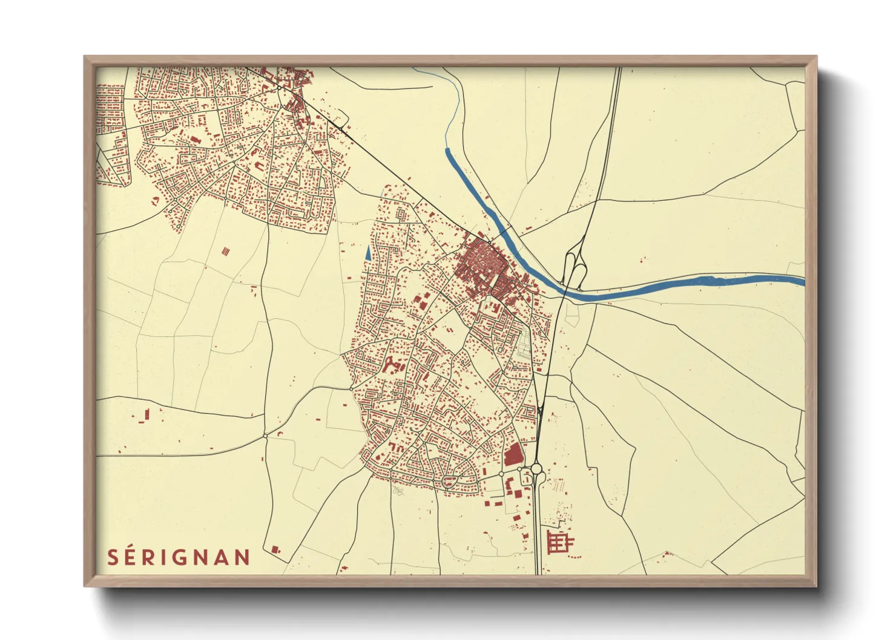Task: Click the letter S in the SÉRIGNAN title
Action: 113,557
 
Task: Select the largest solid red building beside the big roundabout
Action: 512,454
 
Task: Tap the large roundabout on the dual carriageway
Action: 536,469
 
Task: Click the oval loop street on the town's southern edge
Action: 449,482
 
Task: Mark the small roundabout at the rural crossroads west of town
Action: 265,436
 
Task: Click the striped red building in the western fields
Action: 226,250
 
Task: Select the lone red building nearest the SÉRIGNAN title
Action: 275,549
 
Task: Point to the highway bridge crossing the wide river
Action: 566,290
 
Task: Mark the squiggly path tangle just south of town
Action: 398,490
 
